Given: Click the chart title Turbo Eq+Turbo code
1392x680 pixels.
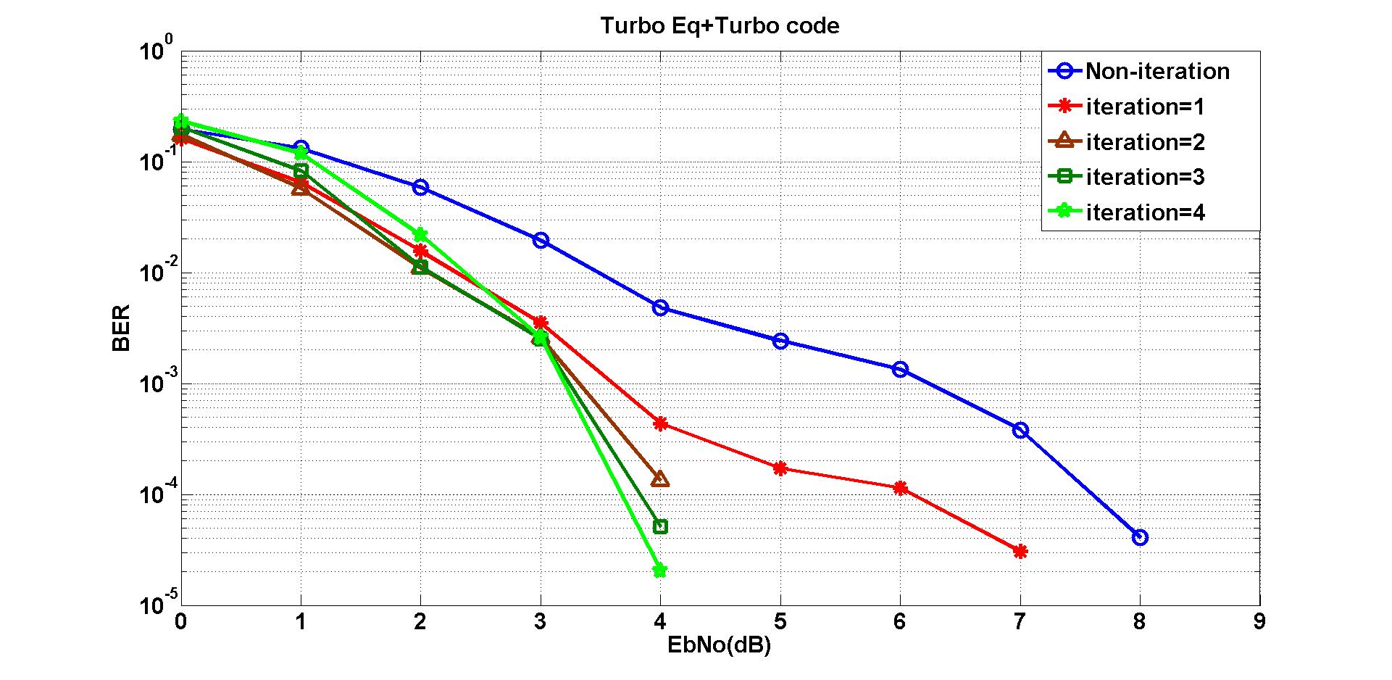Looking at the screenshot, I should tap(720, 26).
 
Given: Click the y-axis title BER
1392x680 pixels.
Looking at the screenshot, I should tap(122, 328).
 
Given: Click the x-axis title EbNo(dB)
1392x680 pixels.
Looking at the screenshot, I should tap(719, 644).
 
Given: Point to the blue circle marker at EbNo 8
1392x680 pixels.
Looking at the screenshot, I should tap(1140, 537).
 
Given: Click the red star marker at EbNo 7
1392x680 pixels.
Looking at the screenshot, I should tap(1020, 552).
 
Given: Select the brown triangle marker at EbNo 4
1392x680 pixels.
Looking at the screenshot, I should tap(660, 479).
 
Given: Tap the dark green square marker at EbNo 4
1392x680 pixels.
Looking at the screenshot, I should tap(660, 526).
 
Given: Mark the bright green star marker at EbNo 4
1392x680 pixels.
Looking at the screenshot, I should tap(660, 571).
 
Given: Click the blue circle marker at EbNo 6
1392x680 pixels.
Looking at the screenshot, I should tap(900, 369).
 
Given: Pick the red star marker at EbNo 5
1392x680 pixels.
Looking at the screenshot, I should tap(780, 468).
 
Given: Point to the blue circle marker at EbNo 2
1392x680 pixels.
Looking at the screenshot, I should tap(420, 187).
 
